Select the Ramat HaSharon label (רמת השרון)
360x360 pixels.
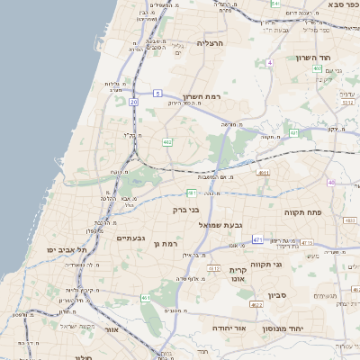click(x=202, y=96)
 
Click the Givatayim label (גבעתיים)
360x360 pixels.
click(x=131, y=238)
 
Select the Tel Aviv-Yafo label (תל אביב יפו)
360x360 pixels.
click(x=68, y=249)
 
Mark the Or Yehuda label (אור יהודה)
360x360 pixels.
click(x=229, y=328)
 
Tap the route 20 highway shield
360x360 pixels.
click(x=133, y=102)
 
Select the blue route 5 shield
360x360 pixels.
click(x=157, y=93)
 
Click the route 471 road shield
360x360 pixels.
click(x=256, y=239)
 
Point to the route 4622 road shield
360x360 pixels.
click(x=256, y=305)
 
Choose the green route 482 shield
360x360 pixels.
click(x=167, y=142)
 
